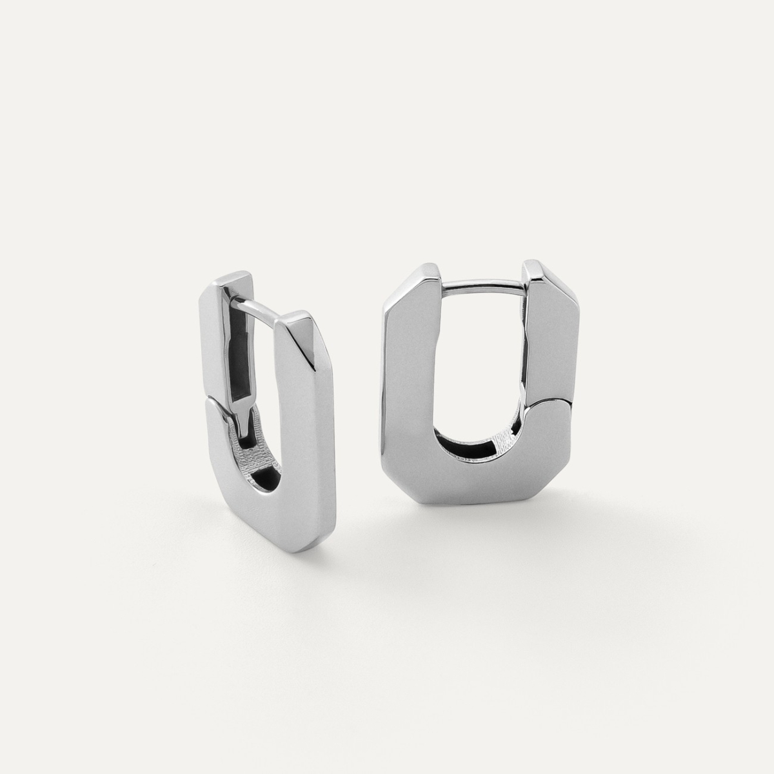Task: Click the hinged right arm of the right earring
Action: [x=548, y=342]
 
